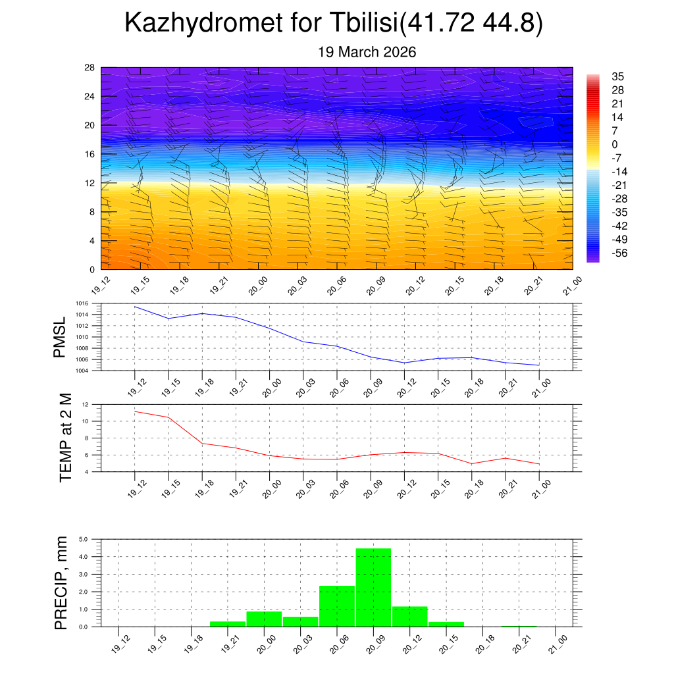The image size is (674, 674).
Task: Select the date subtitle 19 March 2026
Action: pos(367,52)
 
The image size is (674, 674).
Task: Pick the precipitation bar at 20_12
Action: pos(409,616)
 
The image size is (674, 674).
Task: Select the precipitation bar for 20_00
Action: pos(264,619)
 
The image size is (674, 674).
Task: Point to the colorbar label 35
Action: pos(617,76)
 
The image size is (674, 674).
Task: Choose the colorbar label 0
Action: pos(615,145)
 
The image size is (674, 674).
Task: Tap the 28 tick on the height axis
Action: pos(90,68)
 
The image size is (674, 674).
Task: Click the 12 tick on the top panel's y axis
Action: pos(90,183)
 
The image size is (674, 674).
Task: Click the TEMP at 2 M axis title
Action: pos(65,438)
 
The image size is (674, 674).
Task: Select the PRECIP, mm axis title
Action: pos(61,582)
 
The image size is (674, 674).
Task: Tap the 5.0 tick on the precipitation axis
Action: pos(84,539)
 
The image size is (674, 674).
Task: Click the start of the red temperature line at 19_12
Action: pos(135,411)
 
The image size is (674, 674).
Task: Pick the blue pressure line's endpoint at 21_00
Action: pos(540,365)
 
